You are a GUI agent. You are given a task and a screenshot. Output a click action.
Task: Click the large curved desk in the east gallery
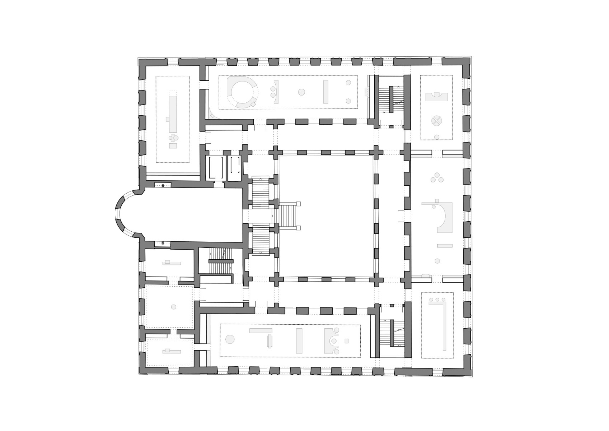pos(445,215)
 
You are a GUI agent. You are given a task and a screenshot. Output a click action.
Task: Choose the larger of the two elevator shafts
pos(215,167)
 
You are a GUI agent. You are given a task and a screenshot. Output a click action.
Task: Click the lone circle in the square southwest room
pos(174,307)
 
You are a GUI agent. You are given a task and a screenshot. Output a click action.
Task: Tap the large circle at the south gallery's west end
pos(230,339)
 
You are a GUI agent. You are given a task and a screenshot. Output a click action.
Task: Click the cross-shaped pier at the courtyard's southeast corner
pos(376,279)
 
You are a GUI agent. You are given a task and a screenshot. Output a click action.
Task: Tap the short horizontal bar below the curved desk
pos(445,246)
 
